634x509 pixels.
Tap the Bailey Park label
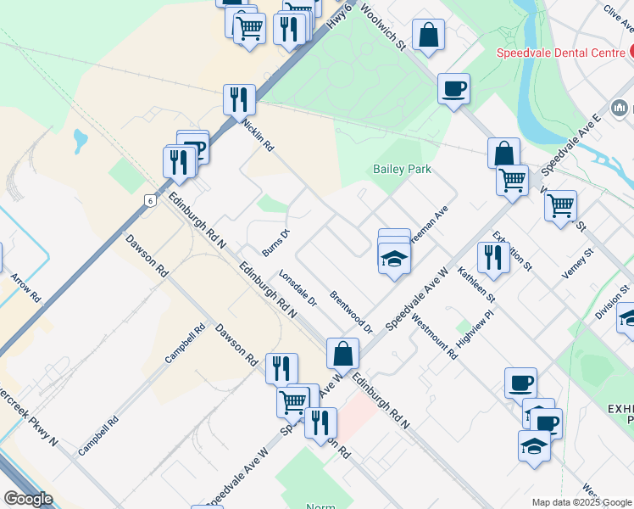pos(402,169)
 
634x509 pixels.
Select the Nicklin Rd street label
pos(259,135)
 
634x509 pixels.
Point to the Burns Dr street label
pos(277,242)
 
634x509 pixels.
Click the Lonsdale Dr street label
pos(298,288)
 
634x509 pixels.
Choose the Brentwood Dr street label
pos(352,312)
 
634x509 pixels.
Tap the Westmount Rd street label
pos(434,336)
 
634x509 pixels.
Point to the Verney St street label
pos(580,265)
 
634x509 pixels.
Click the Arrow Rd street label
pos(25,288)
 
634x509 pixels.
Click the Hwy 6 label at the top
pos(342,15)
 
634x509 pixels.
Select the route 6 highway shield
pos(150,200)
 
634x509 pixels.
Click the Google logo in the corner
pos(28,498)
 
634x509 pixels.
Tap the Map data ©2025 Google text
pos(581,502)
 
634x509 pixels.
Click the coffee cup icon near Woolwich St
pos(453,88)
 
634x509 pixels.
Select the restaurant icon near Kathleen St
pos(492,257)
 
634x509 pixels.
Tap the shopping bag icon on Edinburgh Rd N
pos(343,353)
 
